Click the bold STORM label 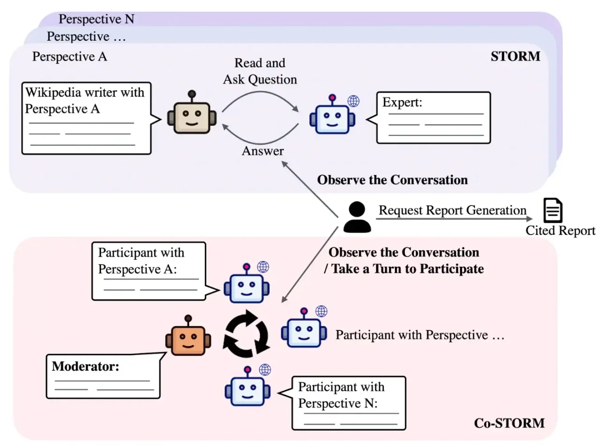pos(515,57)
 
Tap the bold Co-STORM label pos(509,423)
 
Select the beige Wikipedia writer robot pos(192,112)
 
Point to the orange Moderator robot pos(188,335)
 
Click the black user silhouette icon pos(357,217)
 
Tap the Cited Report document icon pos(553,211)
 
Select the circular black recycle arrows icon pos(246,334)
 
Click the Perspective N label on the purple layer pos(96,19)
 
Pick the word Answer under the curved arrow pos(263,151)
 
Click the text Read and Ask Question pos(260,71)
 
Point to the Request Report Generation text pos(453,210)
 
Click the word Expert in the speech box pos(402,102)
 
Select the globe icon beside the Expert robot pos(353,101)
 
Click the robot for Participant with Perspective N pos(248,386)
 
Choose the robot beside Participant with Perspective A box pos(246,283)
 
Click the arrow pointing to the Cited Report pos(454,219)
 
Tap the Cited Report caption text pos(560,231)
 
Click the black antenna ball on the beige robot pos(192,94)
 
